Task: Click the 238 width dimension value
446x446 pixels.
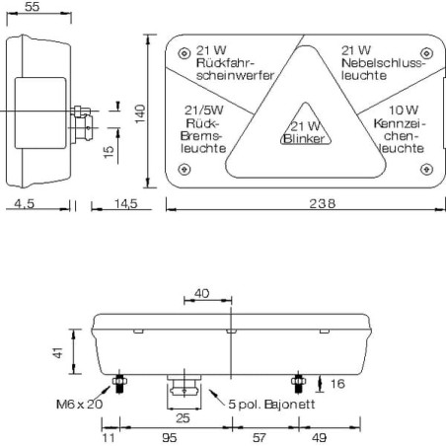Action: (x=322, y=203)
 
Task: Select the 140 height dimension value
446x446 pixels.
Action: (x=140, y=113)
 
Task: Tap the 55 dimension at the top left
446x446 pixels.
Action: (x=33, y=7)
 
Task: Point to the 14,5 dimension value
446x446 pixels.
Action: (x=125, y=204)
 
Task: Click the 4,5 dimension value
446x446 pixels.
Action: (x=24, y=204)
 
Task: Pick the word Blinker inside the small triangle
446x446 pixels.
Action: (x=304, y=139)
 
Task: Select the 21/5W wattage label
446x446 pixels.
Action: (x=204, y=111)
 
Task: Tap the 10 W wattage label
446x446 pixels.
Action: (x=404, y=110)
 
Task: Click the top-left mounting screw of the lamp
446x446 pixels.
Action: (x=185, y=53)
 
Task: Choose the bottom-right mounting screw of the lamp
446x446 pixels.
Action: (x=426, y=169)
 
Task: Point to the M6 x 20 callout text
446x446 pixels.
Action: (x=80, y=404)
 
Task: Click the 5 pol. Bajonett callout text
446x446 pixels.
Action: (x=271, y=404)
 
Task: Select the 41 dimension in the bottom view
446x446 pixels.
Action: (x=58, y=352)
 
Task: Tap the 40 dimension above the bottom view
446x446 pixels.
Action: (x=201, y=293)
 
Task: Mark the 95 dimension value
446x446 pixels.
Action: (x=170, y=438)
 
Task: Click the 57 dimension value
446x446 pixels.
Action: (x=259, y=438)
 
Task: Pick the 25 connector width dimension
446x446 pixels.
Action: (x=183, y=418)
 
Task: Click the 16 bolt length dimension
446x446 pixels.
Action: (x=337, y=384)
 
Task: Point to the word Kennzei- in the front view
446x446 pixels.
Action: (x=400, y=123)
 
